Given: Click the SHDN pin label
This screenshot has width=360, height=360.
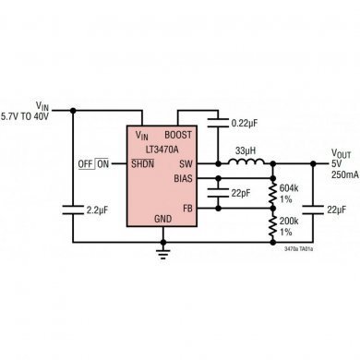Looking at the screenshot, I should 142,163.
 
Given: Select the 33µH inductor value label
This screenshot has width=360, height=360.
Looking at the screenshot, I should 246,150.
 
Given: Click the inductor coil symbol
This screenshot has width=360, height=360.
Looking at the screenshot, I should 245,163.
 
